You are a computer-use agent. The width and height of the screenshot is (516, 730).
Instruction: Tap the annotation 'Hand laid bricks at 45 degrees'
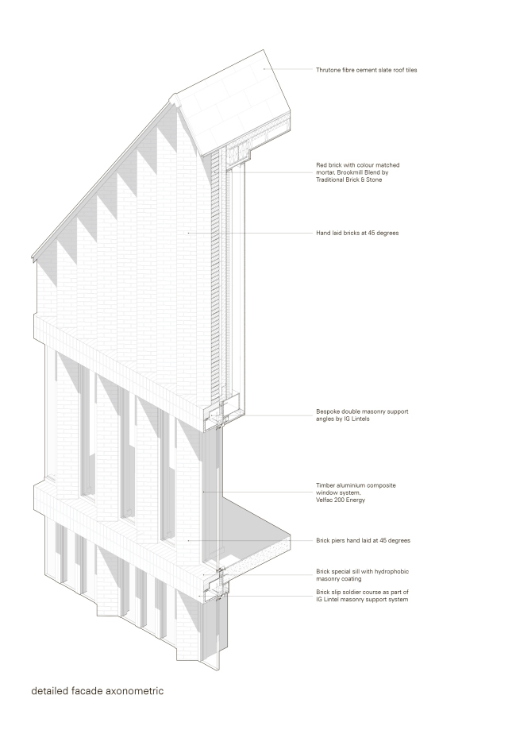point(357,234)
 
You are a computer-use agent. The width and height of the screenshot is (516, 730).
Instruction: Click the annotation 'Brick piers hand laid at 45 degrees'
point(364,541)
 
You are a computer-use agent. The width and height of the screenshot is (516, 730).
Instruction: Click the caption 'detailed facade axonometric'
point(97,691)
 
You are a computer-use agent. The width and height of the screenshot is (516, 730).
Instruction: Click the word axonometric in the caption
point(134,691)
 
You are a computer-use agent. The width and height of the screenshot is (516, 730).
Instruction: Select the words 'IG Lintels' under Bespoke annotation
point(356,419)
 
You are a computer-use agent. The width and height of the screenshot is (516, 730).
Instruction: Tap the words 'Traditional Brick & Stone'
point(349,180)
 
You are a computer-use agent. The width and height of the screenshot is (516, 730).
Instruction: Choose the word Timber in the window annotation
point(325,485)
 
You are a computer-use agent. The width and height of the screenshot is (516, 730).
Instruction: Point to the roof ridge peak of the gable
point(174,96)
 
